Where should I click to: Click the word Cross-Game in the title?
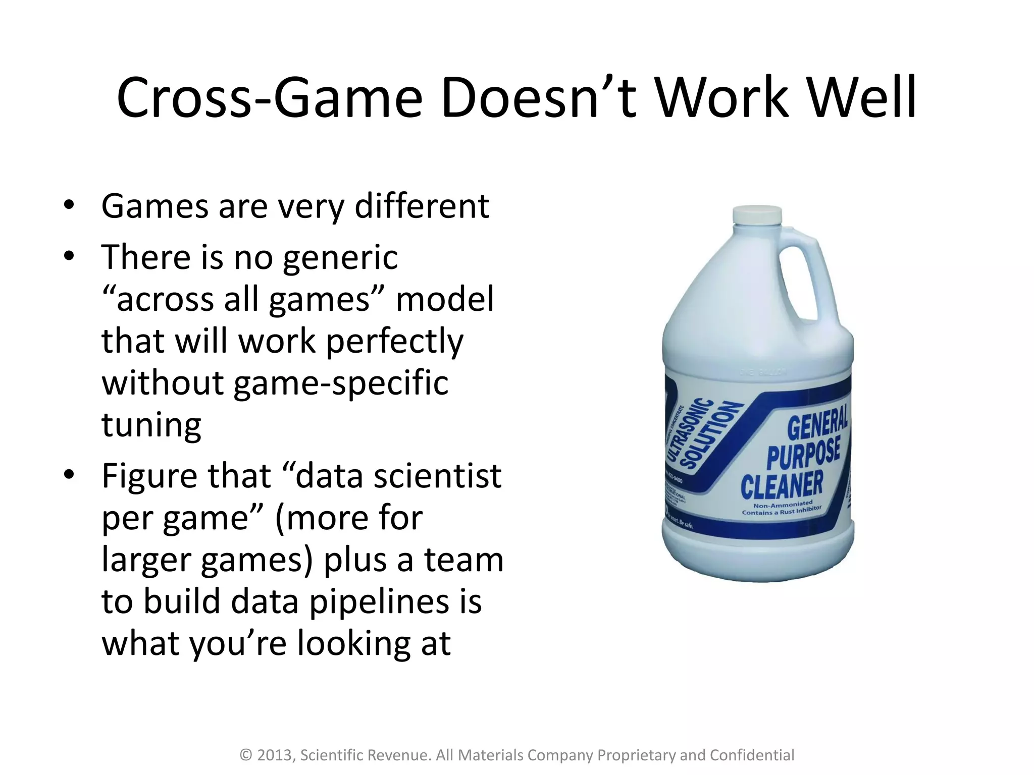(x=269, y=97)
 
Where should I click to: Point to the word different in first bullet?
(x=422, y=206)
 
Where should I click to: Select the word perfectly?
(x=394, y=342)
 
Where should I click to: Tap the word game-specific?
(x=341, y=383)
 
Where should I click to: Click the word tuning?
(x=151, y=425)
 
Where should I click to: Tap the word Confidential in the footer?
(x=752, y=755)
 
